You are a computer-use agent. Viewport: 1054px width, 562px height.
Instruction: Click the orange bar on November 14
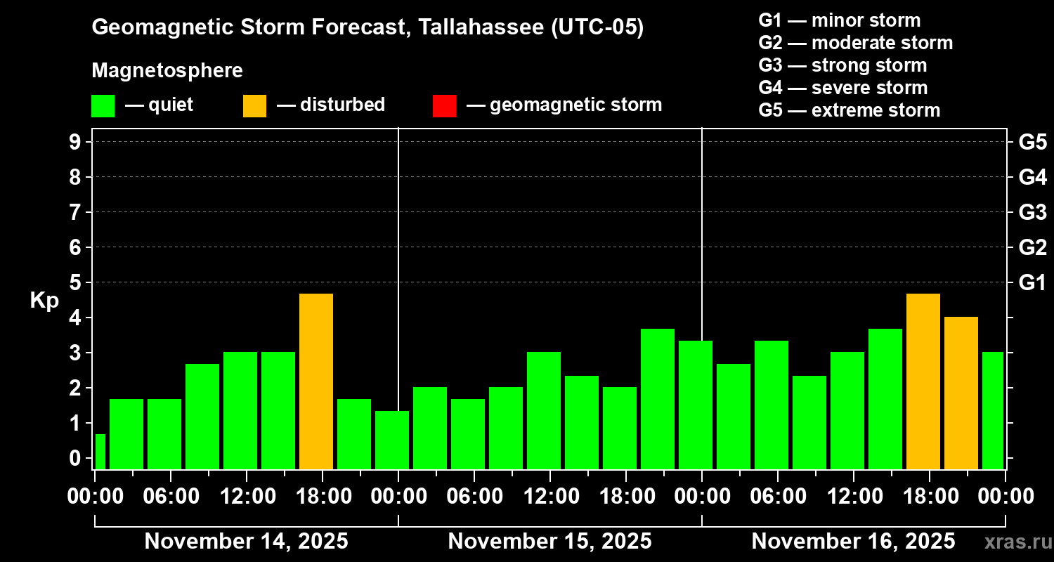316,381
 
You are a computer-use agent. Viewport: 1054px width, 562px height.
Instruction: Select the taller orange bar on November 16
923,381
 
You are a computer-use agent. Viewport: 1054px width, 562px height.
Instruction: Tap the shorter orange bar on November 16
961,393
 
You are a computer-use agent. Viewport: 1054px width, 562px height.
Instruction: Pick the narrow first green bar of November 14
100,452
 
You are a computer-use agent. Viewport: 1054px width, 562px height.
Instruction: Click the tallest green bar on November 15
658,398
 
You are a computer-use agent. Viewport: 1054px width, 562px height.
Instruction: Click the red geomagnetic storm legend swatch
444,105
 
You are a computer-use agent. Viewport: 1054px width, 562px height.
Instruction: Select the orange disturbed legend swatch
254,105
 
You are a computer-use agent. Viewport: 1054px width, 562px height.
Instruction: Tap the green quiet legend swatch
103,105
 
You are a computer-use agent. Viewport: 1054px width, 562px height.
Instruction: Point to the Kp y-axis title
44,300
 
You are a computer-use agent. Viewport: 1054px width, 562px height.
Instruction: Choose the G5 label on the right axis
1032,142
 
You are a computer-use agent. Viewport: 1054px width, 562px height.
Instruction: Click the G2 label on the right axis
1032,247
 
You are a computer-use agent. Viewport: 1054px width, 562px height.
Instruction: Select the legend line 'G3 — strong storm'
842,65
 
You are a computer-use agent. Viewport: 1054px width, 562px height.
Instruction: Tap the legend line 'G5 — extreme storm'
849,110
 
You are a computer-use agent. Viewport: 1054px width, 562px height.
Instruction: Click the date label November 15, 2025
549,541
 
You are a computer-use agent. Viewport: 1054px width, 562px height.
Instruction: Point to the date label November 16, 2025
853,541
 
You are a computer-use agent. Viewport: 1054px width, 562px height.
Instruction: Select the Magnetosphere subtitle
167,71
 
